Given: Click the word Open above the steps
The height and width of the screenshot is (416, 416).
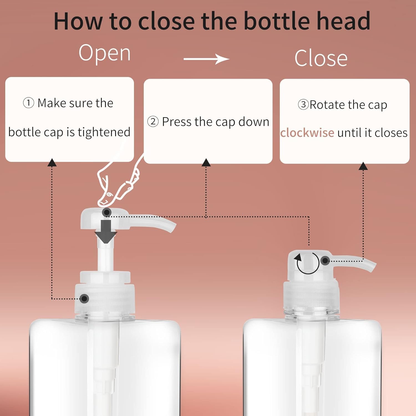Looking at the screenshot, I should (x=105, y=53).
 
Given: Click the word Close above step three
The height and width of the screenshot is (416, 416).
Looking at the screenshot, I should (x=321, y=58).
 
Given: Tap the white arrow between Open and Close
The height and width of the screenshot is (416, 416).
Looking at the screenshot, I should (x=206, y=59).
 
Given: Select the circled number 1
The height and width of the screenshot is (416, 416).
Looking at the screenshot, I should (x=28, y=103).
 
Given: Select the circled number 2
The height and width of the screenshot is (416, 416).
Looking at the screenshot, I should (x=153, y=122).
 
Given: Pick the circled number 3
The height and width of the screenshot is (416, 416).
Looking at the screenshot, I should (x=303, y=105).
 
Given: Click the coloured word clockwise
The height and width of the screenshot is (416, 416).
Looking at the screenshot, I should (x=307, y=133).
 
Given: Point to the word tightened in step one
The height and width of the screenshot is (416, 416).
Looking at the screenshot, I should (x=104, y=132).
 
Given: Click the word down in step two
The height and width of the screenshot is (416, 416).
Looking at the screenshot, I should (x=254, y=122).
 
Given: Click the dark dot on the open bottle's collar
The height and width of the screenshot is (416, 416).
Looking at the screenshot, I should (x=84, y=299).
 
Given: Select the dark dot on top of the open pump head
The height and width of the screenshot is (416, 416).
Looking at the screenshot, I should (x=107, y=213).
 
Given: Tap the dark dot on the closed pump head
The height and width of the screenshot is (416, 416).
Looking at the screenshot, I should (x=325, y=261).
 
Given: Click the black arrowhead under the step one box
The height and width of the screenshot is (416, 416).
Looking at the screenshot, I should (x=52, y=163).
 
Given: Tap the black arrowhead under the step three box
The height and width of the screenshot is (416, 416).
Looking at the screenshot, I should (x=363, y=166).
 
